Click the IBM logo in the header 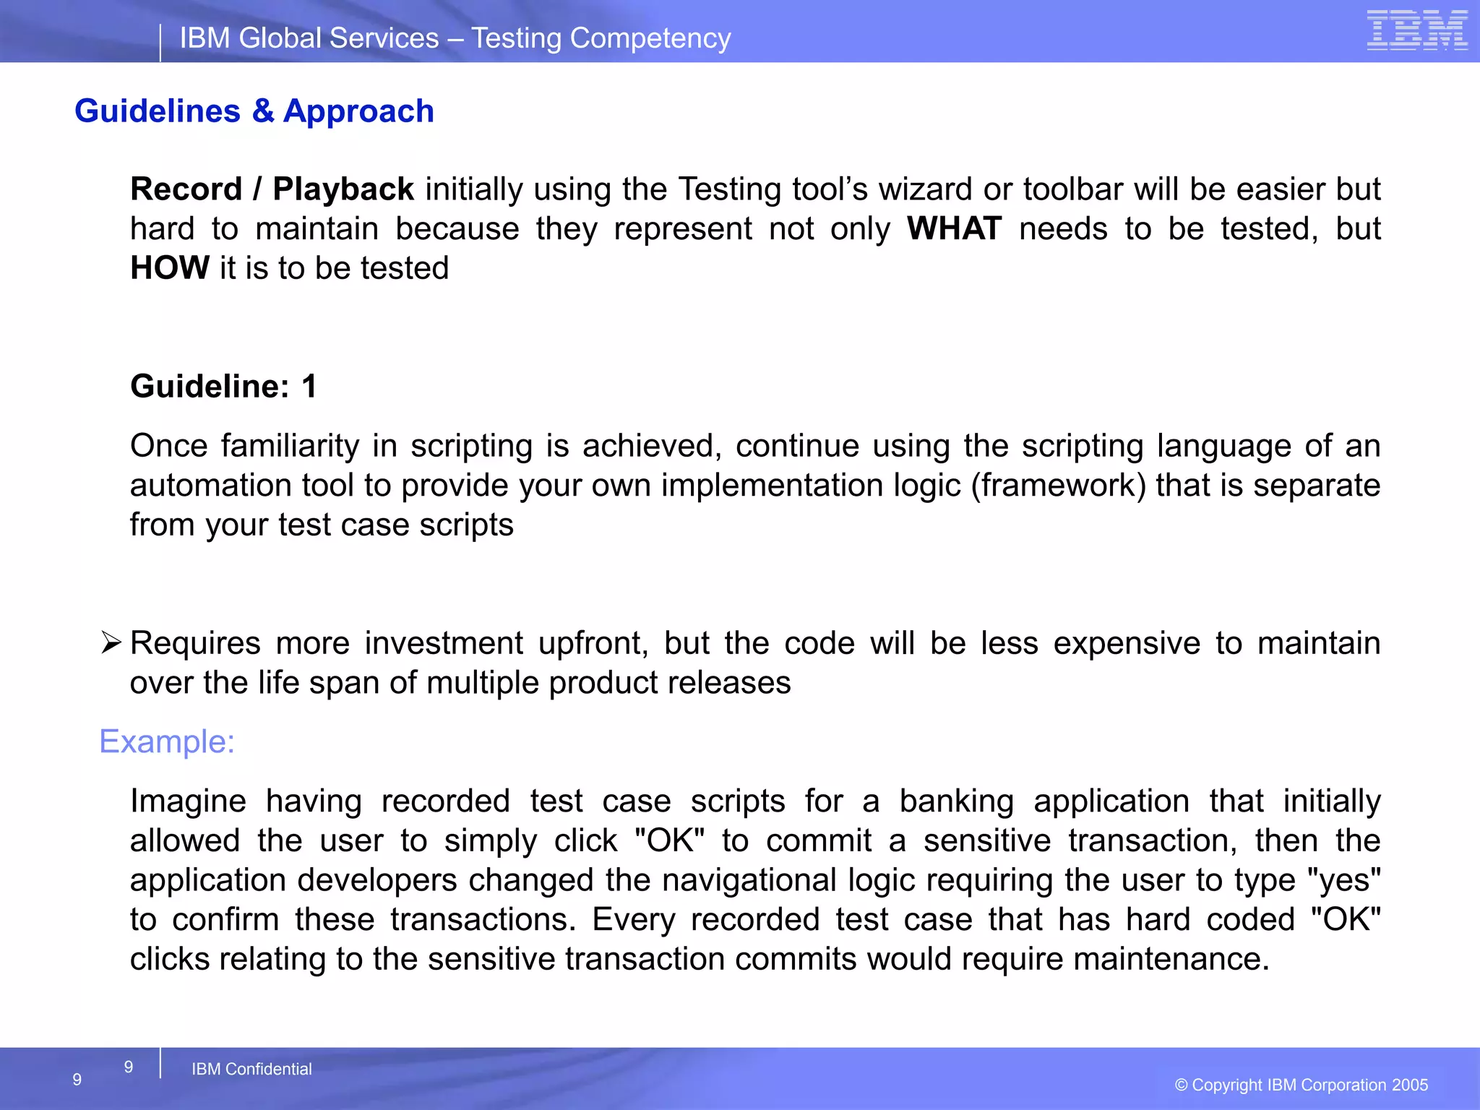click(1416, 31)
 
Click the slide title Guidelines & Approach click(254, 111)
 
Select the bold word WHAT click(954, 229)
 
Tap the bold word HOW click(170, 268)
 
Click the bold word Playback click(343, 189)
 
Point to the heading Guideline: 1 click(223, 387)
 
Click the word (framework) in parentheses click(1058, 486)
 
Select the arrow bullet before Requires click(111, 642)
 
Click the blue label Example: click(167, 742)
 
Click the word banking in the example click(956, 801)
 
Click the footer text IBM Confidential click(251, 1069)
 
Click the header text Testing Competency click(601, 38)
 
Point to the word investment click(444, 643)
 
